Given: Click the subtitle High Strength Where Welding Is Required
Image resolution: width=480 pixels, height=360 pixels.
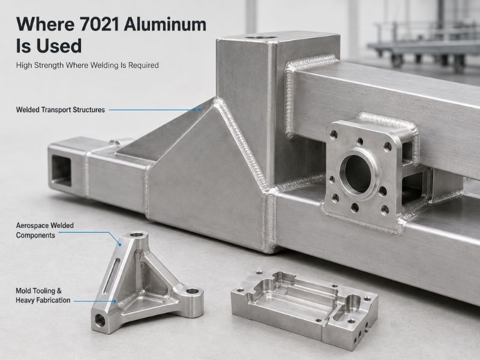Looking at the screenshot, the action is pyautogui.click(x=87, y=65).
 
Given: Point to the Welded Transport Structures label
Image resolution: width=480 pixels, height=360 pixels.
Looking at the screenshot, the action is pyautogui.click(x=61, y=110).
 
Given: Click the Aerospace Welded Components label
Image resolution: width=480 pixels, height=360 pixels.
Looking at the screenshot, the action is pyautogui.click(x=44, y=230).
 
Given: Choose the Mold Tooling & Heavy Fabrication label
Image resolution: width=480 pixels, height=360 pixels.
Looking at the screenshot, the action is pyautogui.click(x=43, y=295).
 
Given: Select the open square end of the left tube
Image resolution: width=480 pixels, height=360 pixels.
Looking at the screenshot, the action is pyautogui.click(x=61, y=170).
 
